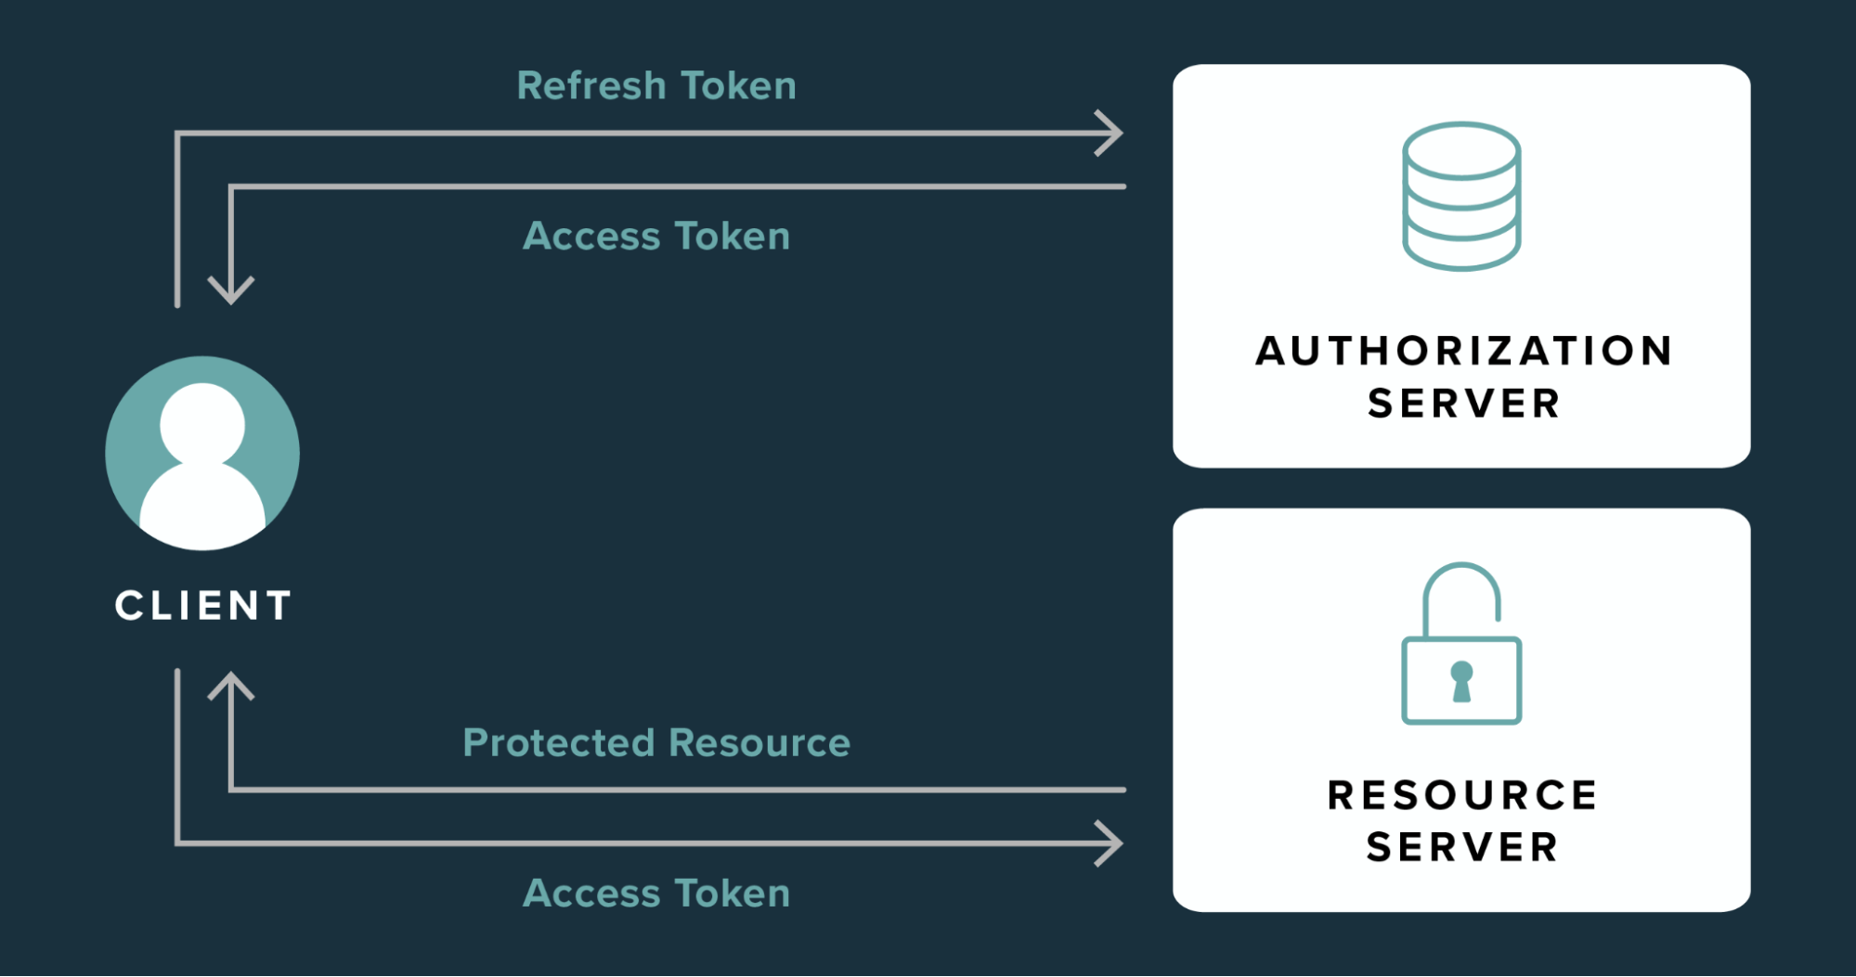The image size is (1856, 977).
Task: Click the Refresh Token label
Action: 656,85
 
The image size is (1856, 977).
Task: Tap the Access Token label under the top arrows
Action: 656,236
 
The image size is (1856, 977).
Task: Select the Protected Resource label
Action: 656,742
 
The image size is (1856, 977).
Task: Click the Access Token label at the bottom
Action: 656,893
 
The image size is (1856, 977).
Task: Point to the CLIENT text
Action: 203,606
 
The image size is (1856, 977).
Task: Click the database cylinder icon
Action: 1461,196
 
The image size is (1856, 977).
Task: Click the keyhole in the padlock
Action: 1461,681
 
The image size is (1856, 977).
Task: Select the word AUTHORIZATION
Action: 1463,351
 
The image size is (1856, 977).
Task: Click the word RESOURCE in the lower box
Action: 1462,795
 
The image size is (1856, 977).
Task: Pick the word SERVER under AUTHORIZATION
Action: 1463,404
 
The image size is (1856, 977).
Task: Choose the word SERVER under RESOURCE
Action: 1462,847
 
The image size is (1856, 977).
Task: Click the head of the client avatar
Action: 202,424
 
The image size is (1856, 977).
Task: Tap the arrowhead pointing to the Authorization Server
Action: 1111,134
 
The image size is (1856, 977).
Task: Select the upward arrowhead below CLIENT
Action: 230,685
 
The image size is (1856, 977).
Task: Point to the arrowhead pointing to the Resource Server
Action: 1111,843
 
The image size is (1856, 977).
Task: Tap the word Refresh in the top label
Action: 591,85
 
